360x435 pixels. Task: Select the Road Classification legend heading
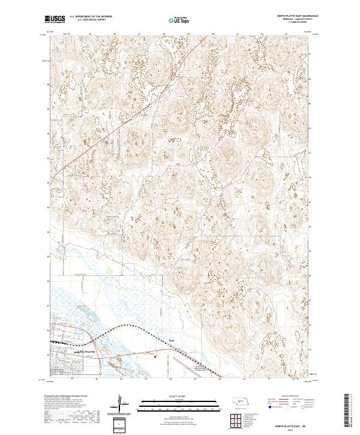[x=290, y=396]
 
